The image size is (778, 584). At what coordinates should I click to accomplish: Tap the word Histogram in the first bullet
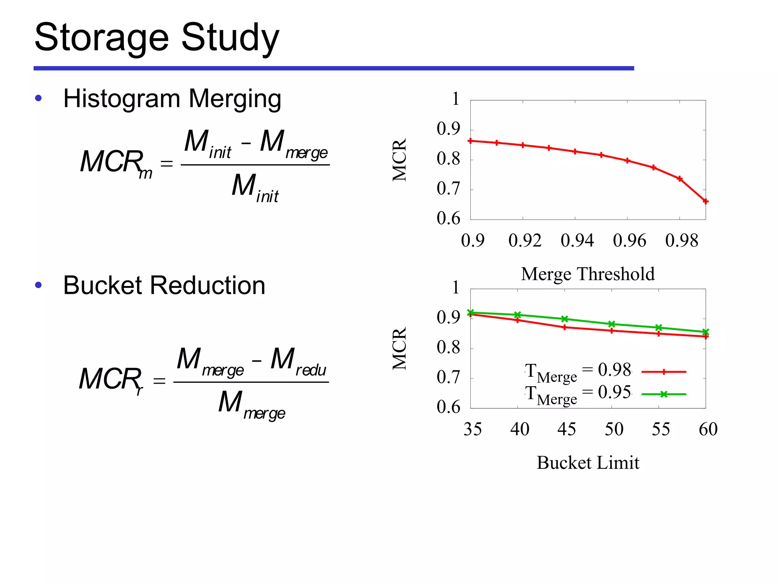[122, 99]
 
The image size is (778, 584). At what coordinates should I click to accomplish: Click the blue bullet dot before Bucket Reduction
[38, 285]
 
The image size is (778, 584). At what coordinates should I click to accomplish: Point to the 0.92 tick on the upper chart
[525, 241]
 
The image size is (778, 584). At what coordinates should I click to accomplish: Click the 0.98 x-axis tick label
[682, 241]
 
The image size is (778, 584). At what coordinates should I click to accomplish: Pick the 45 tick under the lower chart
[566, 429]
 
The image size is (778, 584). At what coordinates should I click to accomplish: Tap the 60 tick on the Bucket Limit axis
[708, 429]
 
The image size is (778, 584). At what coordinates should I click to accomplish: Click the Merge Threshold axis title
[588, 274]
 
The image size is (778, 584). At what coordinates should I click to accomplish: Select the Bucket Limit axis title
[588, 463]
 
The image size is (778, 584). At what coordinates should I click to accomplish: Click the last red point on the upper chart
[705, 202]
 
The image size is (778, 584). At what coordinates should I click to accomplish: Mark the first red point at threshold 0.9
[471, 141]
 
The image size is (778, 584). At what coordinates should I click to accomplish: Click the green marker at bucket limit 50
[612, 324]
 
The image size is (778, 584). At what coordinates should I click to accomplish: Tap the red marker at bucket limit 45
[565, 327]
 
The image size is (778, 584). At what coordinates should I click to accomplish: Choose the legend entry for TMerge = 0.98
[577, 371]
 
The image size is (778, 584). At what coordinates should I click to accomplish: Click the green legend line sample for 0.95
[664, 394]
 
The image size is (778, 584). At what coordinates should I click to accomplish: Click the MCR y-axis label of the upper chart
[399, 160]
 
